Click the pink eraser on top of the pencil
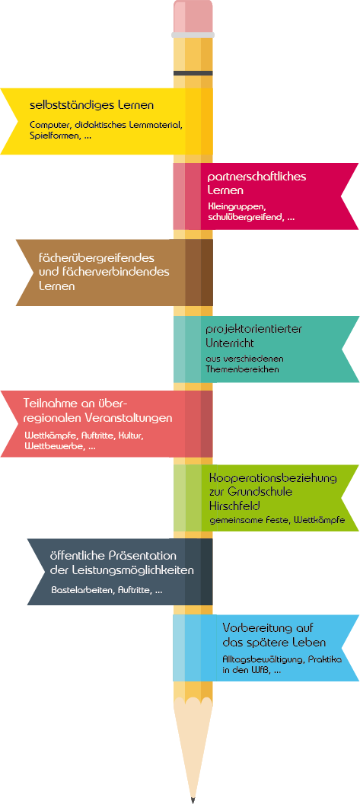[x=193, y=17]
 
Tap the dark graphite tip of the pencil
[x=193, y=799]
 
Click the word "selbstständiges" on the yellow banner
[x=64, y=106]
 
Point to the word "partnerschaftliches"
[x=257, y=177]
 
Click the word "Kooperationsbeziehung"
[x=273, y=478]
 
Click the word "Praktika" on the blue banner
[x=323, y=660]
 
